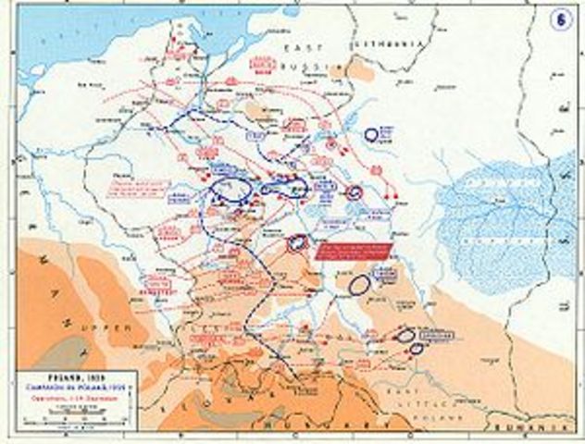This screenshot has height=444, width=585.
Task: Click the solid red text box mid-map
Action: pos(352,253)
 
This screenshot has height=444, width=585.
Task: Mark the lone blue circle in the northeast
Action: pos(371,135)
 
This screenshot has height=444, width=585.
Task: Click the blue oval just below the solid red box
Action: pos(360,284)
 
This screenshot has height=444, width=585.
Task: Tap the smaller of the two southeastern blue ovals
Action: pos(417,349)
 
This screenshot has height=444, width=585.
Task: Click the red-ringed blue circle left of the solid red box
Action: pos(297,242)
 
